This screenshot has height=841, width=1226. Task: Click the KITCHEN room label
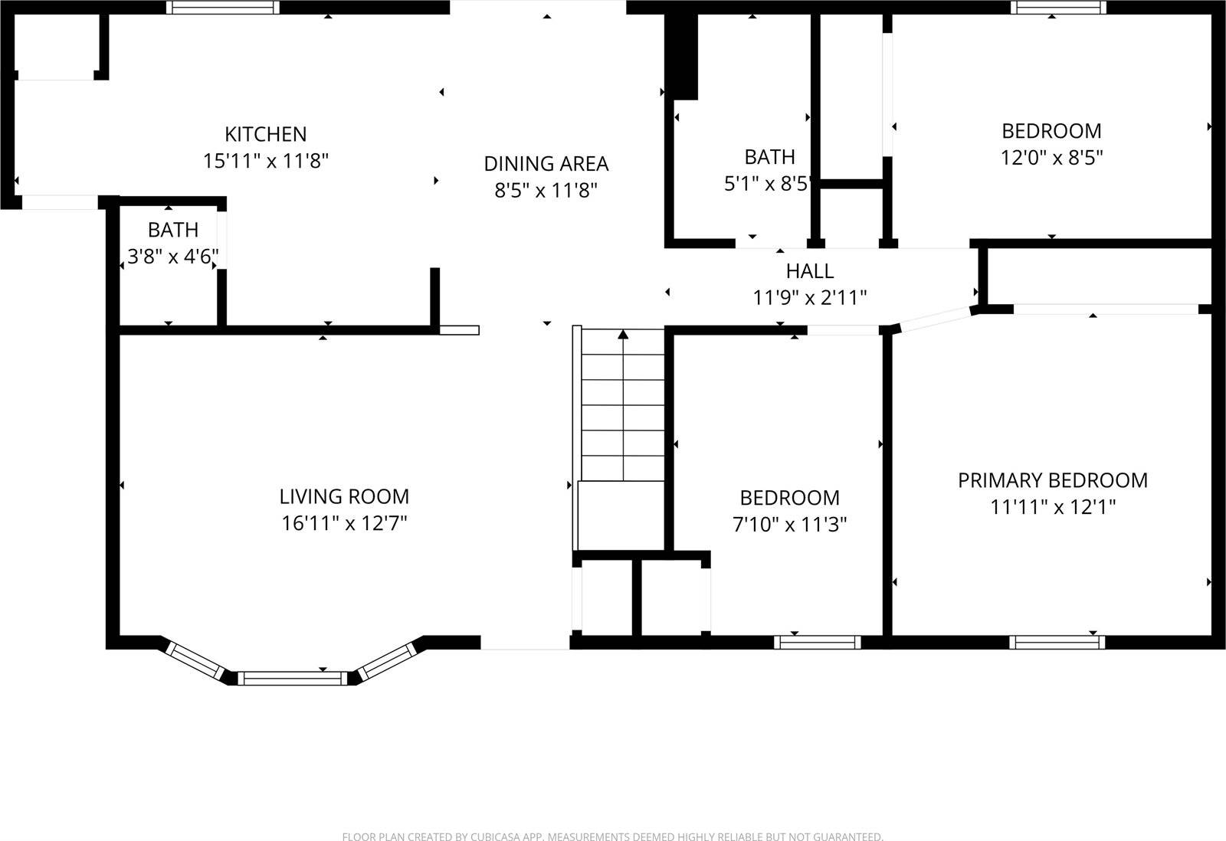265,134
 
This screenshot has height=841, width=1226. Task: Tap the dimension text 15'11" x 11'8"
265,161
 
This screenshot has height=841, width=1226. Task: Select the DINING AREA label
546,163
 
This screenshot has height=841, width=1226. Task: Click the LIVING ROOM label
344,496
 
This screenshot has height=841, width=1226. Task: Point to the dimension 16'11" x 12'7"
344,524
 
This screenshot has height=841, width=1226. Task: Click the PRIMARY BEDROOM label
1053,480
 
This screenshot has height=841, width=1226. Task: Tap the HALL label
809,271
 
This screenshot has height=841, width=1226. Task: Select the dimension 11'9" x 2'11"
809,297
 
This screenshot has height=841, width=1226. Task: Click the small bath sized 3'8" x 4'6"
173,230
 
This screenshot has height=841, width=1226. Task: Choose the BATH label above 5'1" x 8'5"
769,157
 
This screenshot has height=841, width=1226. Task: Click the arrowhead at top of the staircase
623,334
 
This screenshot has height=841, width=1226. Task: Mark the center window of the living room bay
291,678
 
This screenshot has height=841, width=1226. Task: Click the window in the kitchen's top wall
223,8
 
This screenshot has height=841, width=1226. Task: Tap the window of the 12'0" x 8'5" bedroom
1058,8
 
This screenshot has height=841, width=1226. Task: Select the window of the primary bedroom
1057,642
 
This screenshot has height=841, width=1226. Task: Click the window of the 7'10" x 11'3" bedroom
817,642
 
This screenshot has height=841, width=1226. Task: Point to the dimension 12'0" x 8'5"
1051,158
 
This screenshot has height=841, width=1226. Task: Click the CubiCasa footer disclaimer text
612,836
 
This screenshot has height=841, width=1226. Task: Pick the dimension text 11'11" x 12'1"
1053,507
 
